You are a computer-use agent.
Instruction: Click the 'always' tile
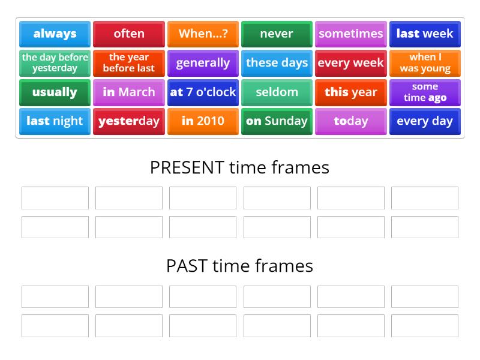(55, 34)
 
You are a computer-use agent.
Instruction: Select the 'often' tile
(129, 34)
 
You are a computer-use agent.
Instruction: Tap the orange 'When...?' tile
(203, 34)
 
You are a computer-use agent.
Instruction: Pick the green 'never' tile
(277, 34)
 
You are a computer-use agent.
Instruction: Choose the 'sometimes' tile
(351, 34)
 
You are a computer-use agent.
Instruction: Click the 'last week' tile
(425, 34)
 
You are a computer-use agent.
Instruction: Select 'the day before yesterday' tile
(55, 63)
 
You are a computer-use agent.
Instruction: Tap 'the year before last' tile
(129, 63)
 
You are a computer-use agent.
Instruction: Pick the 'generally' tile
(203, 63)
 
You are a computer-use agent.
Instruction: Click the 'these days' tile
(277, 63)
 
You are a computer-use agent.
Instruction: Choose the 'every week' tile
(351, 63)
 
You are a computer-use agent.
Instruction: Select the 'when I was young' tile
(425, 63)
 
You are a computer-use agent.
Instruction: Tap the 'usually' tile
(55, 92)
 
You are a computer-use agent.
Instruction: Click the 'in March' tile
(129, 92)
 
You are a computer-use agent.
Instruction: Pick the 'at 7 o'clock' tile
(203, 92)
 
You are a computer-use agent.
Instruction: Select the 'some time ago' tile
(425, 92)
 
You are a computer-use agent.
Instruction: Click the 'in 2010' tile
(203, 121)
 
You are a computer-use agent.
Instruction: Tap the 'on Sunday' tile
(277, 121)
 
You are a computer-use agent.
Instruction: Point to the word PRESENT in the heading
(187, 167)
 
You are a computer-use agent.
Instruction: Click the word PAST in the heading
(187, 266)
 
